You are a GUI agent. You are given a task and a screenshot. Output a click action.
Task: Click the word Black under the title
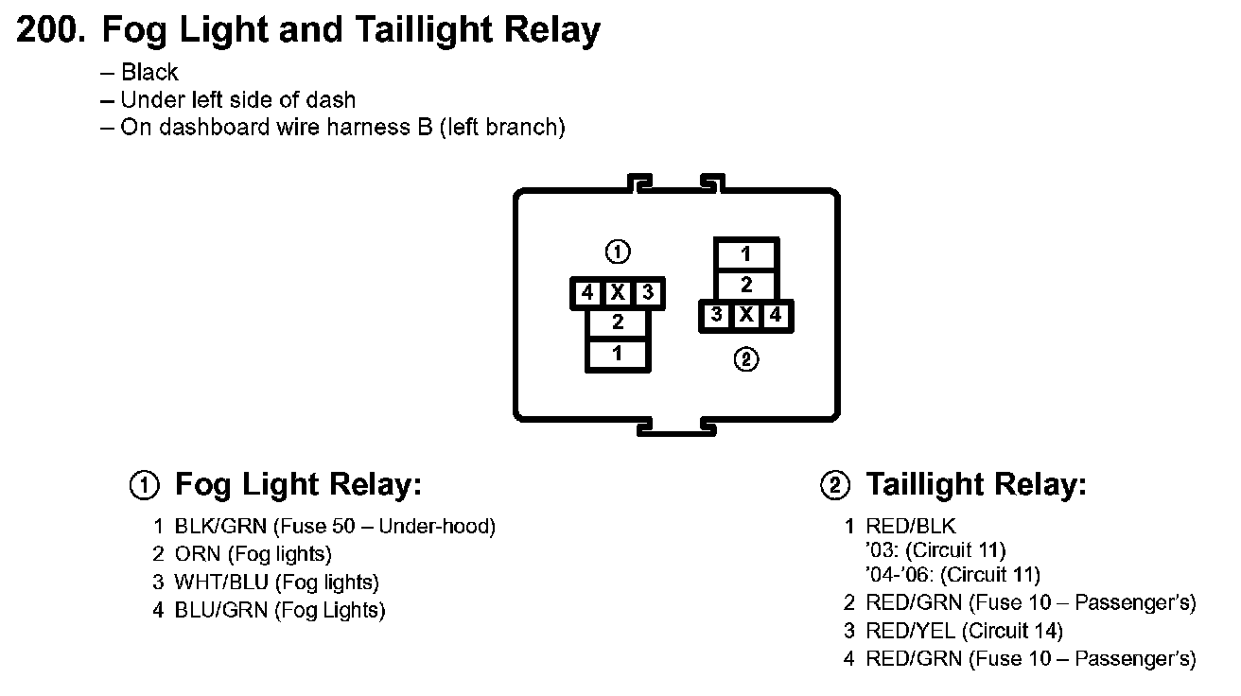coord(149,73)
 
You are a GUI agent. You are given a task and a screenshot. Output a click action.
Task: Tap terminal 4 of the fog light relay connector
coord(587,293)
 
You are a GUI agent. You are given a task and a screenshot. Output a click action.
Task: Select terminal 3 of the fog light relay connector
coord(647,293)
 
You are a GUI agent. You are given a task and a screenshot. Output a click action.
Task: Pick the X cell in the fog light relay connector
coord(618,293)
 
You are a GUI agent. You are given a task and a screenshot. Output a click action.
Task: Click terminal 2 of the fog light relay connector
coord(618,322)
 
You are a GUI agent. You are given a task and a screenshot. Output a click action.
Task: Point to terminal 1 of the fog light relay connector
coord(618,354)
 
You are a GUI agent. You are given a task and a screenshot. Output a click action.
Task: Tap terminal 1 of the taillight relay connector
coord(746,253)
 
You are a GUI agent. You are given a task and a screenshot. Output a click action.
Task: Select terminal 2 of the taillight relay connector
coord(746,285)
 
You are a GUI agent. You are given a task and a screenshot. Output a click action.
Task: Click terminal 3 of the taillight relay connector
coord(717,315)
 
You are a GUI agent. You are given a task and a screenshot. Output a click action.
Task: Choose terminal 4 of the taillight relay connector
coord(776,315)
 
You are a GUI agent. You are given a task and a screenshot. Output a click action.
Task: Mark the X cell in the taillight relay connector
coord(746,315)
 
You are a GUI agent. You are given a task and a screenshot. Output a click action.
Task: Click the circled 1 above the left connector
coord(618,252)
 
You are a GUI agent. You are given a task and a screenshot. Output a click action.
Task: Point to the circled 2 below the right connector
coord(746,359)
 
